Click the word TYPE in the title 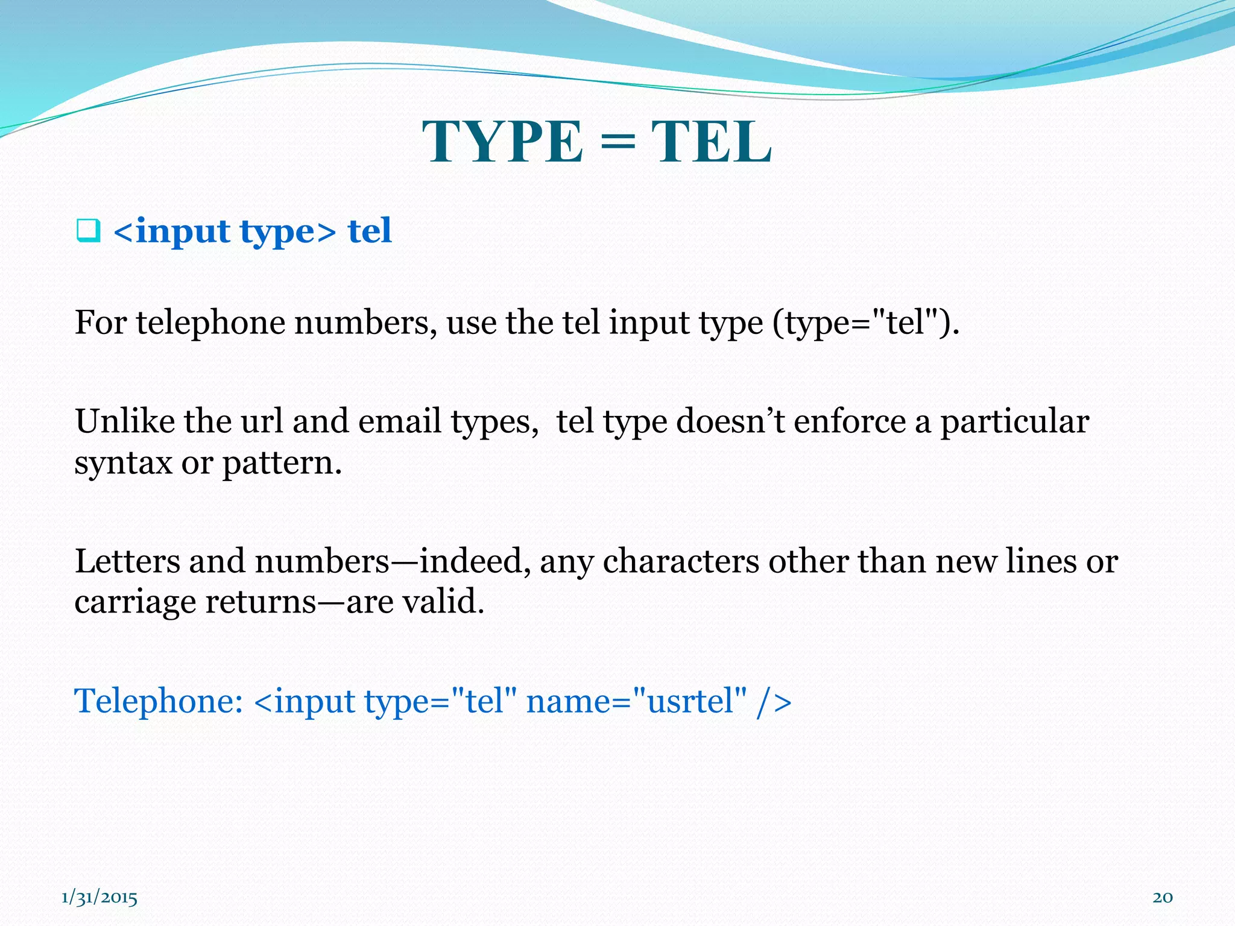[503, 142]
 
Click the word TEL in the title [711, 142]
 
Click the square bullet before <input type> [88, 231]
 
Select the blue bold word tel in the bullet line [370, 231]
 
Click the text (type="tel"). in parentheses [866, 323]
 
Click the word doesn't [730, 421]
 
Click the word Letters [127, 561]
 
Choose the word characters [681, 561]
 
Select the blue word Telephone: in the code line [159, 701]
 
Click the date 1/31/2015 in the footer [99, 898]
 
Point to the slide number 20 [1163, 898]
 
